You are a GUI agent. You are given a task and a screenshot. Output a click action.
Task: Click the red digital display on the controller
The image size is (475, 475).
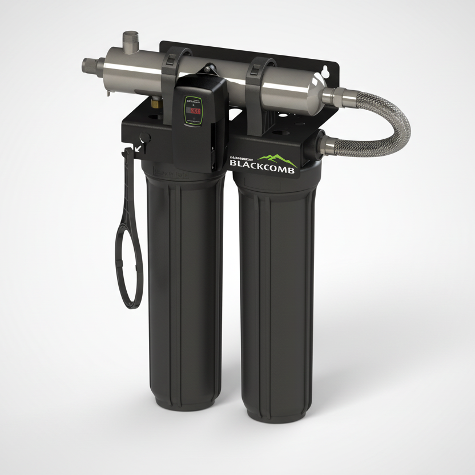coord(195,110)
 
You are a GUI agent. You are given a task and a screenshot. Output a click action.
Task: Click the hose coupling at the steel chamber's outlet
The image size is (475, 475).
coord(336,96)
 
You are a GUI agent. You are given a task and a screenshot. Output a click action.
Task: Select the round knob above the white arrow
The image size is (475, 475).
coord(145,138)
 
